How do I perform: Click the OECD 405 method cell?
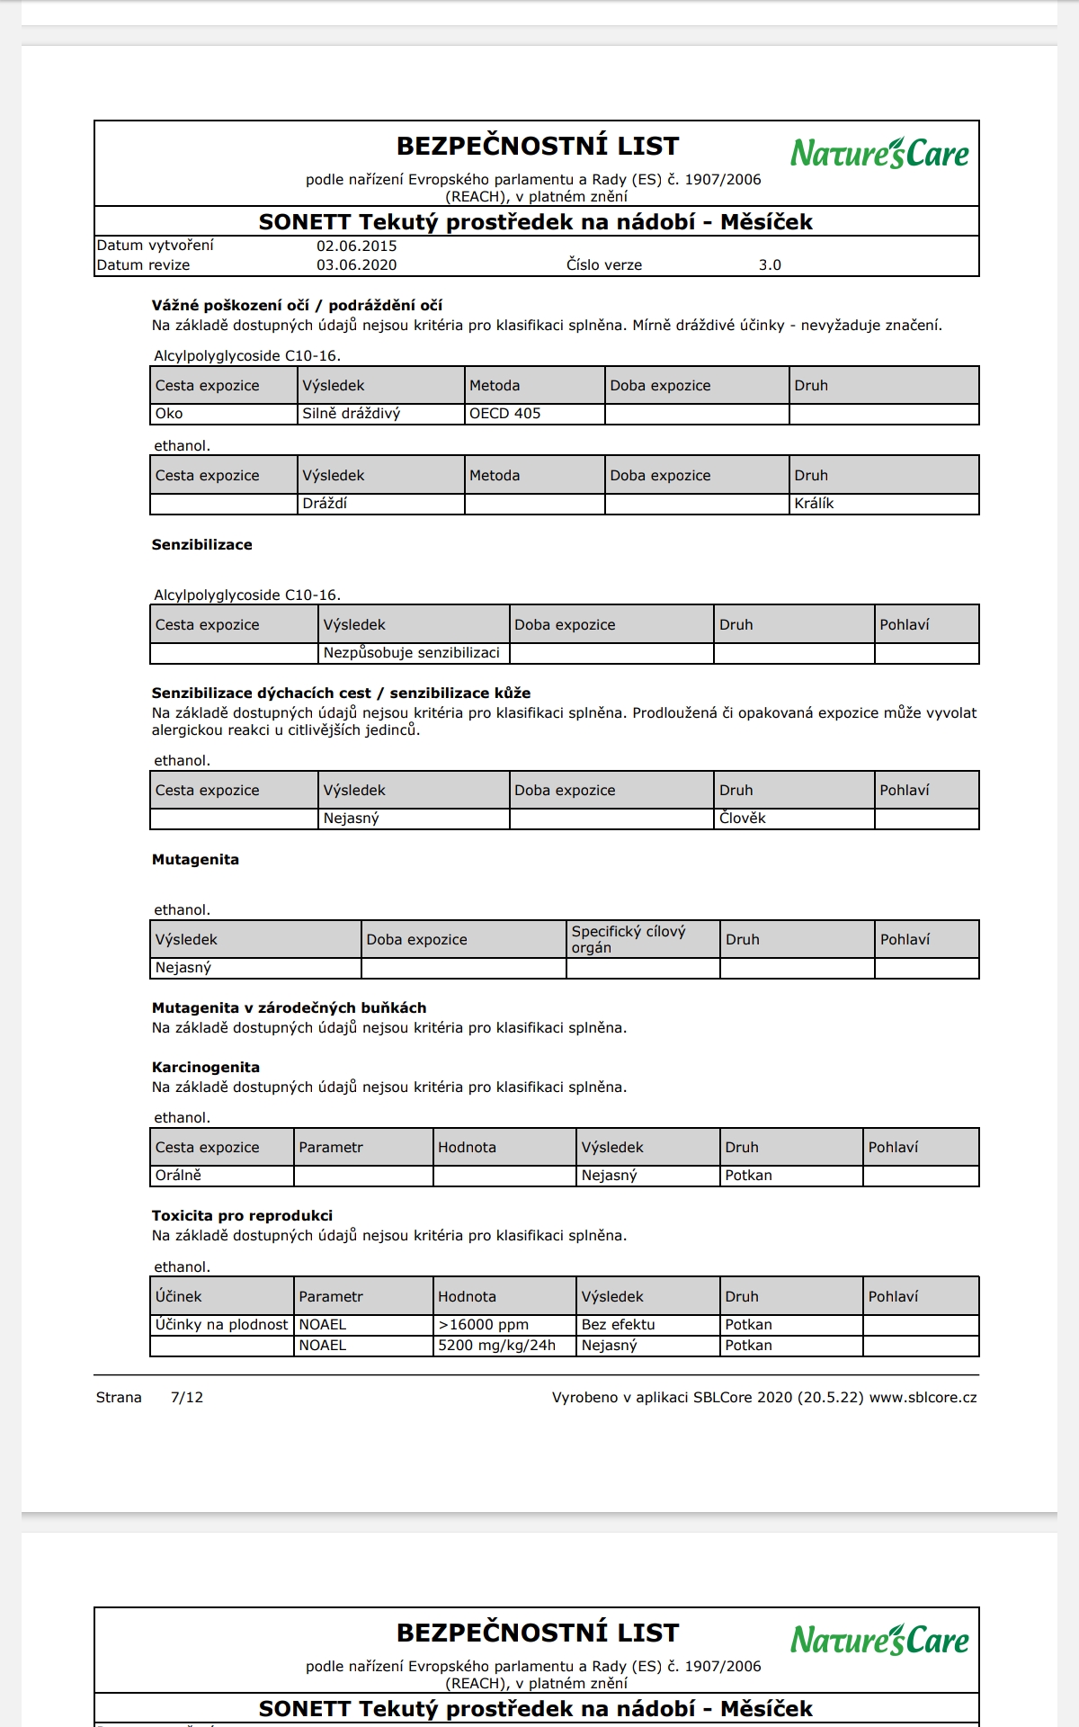pyautogui.click(x=505, y=414)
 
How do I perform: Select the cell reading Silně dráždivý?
pyautogui.click(x=352, y=414)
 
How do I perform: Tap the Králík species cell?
pyautogui.click(x=814, y=504)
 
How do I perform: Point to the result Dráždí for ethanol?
pyautogui.click(x=325, y=504)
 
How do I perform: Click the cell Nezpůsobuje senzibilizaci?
pyautogui.click(x=412, y=653)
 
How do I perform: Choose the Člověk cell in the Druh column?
pyautogui.click(x=743, y=819)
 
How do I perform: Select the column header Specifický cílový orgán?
pyautogui.click(x=629, y=939)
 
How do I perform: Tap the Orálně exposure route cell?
pyautogui.click(x=178, y=1176)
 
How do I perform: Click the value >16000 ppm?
pyautogui.click(x=484, y=1325)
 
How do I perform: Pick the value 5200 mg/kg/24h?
pyautogui.click(x=496, y=1346)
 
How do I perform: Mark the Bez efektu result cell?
pyautogui.click(x=619, y=1325)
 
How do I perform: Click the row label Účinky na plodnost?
pyautogui.click(x=221, y=1325)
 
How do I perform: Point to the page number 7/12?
pyautogui.click(x=187, y=1398)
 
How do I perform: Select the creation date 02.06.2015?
pyautogui.click(x=357, y=246)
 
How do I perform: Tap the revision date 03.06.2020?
pyautogui.click(x=357, y=265)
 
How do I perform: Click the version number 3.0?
pyautogui.click(x=770, y=265)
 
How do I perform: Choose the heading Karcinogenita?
pyautogui.click(x=206, y=1068)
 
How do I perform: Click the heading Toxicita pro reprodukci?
pyautogui.click(x=242, y=1216)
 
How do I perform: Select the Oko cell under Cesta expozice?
pyautogui.click(x=169, y=414)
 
